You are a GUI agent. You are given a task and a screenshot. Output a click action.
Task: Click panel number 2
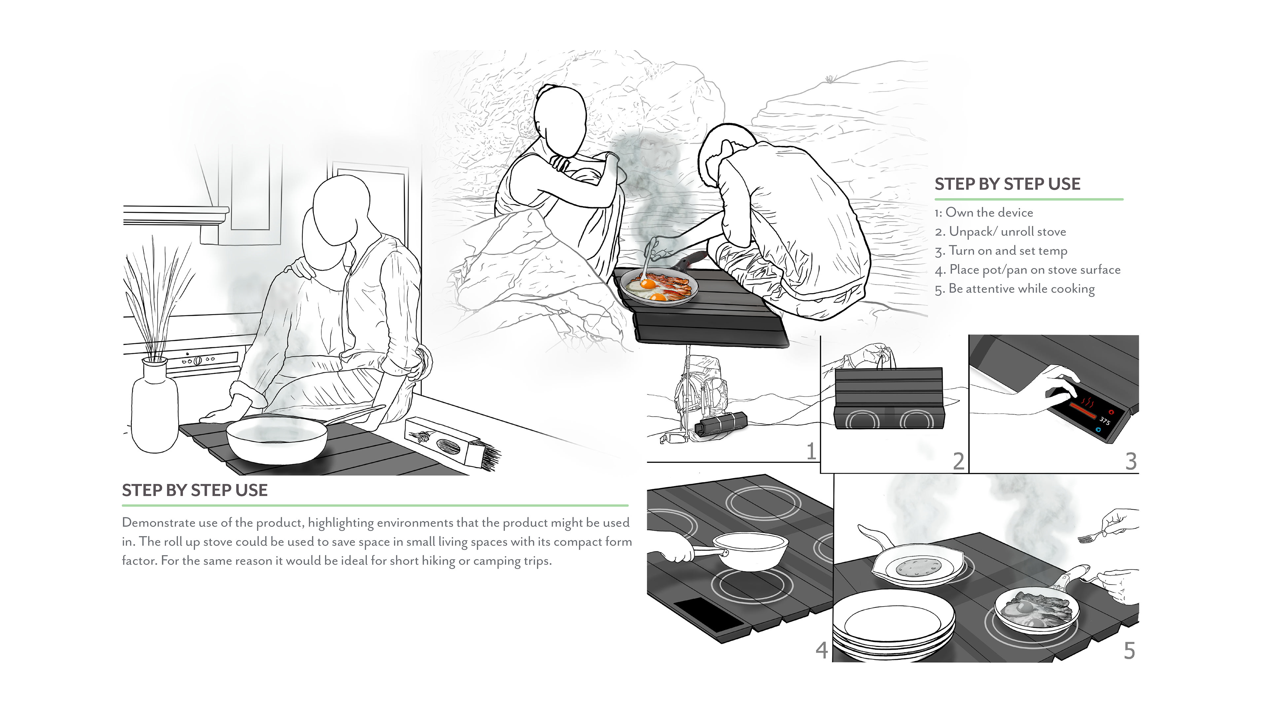coord(958,461)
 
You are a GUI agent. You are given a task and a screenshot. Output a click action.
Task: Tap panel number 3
coord(1131,461)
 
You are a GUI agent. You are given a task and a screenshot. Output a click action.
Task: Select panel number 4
coord(821,650)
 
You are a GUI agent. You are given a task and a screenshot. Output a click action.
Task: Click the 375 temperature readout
coord(1105,421)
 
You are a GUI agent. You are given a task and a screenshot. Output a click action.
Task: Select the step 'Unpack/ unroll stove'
coord(1006,232)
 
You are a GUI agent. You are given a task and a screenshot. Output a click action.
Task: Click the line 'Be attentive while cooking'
coord(1021,289)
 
